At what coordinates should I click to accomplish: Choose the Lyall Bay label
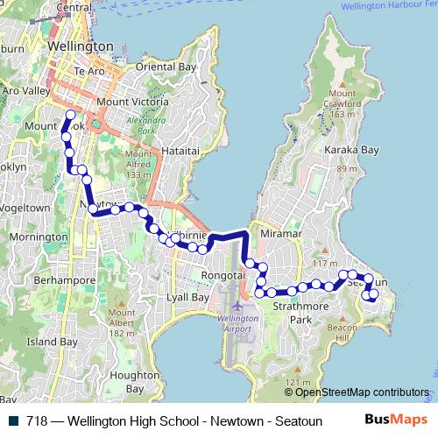187,298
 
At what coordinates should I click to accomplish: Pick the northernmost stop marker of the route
71,114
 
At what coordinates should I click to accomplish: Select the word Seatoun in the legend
301,420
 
